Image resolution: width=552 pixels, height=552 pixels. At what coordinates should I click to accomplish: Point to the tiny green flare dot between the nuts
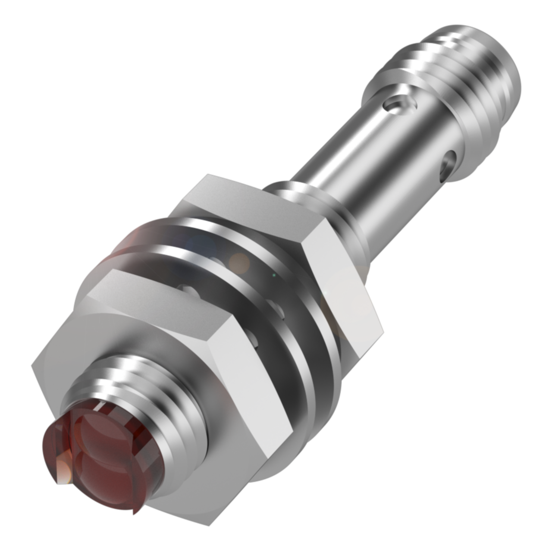click(x=273, y=274)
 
